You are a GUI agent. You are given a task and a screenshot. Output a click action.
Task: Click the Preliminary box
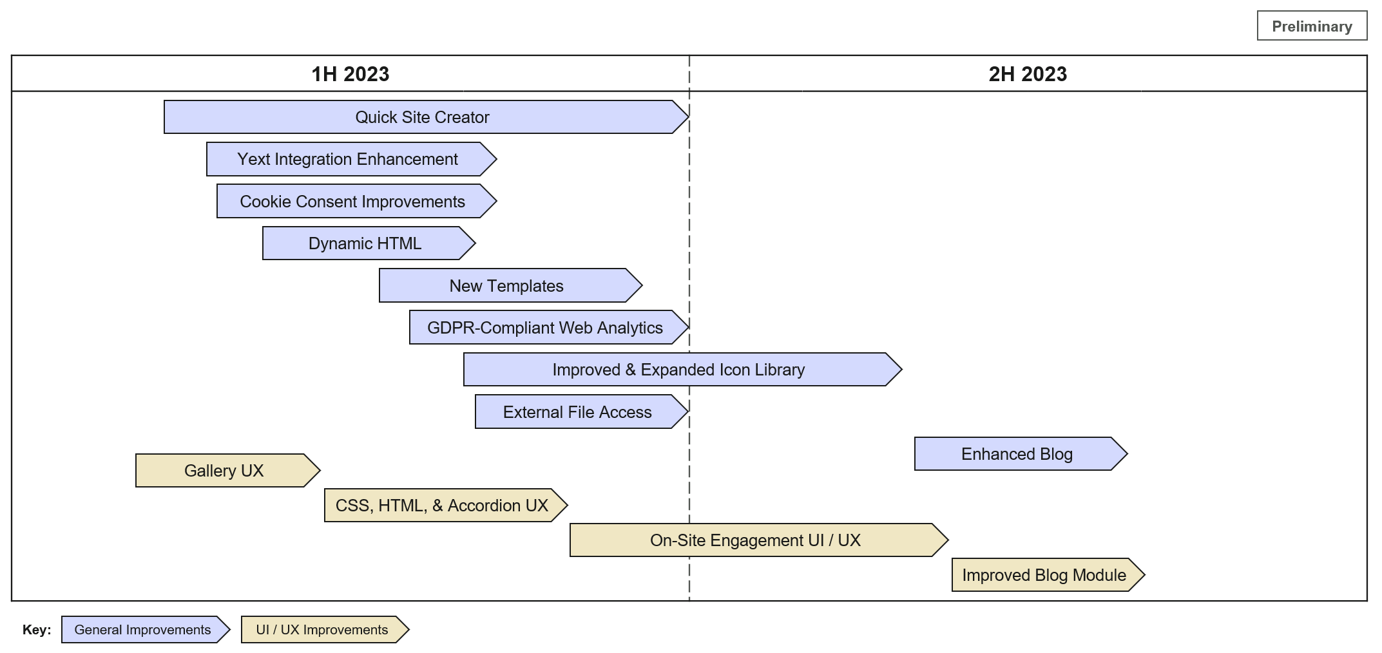point(1311,26)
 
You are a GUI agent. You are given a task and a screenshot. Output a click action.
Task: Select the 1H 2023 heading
point(350,74)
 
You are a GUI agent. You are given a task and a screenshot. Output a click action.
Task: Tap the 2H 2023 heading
point(1028,74)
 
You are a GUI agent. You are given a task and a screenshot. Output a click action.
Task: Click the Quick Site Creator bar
point(422,117)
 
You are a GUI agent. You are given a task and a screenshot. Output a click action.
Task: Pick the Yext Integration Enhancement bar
point(348,159)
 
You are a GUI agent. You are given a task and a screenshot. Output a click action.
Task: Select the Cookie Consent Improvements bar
point(352,202)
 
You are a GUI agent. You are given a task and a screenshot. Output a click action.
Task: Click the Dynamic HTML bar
point(365,243)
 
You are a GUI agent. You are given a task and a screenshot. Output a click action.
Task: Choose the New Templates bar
point(506,286)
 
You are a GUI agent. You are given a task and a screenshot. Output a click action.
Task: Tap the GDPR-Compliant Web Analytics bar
point(545,328)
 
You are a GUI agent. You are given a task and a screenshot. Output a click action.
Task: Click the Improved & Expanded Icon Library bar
point(678,370)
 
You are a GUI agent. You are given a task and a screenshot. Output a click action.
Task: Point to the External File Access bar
point(577,412)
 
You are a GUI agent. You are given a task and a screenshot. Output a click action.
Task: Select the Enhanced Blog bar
point(1017,454)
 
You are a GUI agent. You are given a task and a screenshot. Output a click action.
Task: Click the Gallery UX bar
point(224,471)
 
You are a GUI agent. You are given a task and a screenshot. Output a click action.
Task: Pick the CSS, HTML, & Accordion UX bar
point(442,506)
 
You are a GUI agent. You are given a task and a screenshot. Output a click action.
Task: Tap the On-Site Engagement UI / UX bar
point(755,540)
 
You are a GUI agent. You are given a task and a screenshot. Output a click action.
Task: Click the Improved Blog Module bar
point(1044,575)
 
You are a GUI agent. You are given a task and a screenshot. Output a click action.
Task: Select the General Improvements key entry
point(142,630)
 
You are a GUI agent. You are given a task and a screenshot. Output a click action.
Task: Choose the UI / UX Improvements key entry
point(322,630)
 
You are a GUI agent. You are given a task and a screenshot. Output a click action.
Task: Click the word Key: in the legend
point(37,630)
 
